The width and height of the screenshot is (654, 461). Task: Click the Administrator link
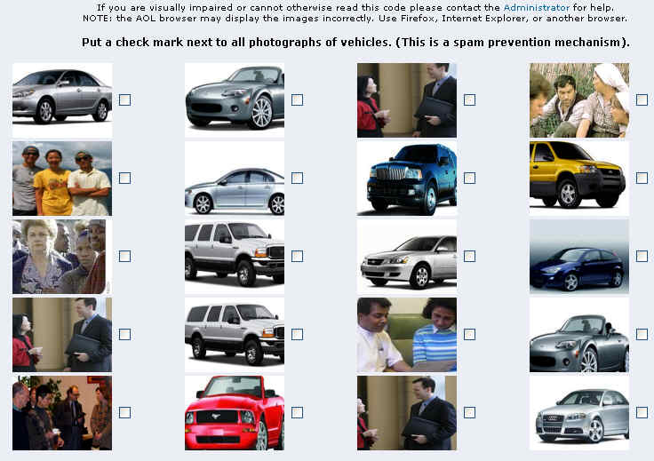pyautogui.click(x=536, y=7)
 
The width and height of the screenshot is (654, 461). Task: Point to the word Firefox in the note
pyautogui.click(x=417, y=19)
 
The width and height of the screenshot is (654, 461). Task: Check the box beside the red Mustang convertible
pyautogui.click(x=297, y=412)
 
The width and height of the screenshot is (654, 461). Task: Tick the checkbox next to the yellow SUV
pyautogui.click(x=642, y=178)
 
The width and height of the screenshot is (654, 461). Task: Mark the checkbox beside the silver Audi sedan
pyautogui.click(x=642, y=412)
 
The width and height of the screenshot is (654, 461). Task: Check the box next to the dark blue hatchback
pyautogui.click(x=642, y=256)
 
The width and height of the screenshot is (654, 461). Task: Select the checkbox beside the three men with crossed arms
pyautogui.click(x=124, y=178)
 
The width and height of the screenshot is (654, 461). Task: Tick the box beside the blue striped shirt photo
pyautogui.click(x=470, y=334)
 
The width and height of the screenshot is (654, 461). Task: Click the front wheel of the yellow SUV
pyautogui.click(x=568, y=194)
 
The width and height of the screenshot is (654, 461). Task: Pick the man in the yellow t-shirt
pyautogui.click(x=53, y=183)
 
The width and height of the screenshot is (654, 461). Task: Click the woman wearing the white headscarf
pyautogui.click(x=607, y=100)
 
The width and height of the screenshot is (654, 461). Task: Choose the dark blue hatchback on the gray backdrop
pyautogui.click(x=578, y=268)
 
